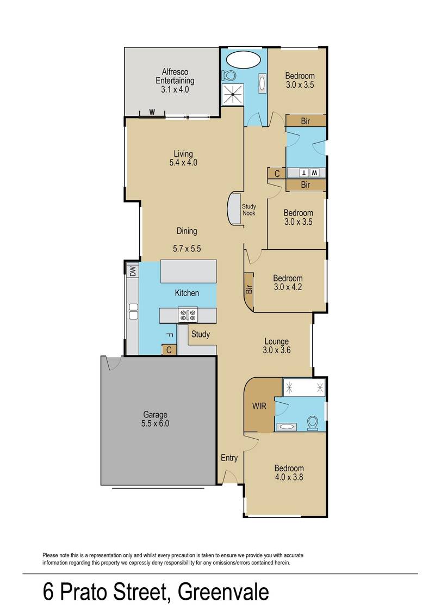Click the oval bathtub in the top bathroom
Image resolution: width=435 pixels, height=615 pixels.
[244, 59]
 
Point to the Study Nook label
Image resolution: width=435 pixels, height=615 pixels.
[249, 210]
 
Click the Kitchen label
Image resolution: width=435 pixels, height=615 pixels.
[187, 293]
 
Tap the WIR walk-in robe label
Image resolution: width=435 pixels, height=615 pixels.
[258, 406]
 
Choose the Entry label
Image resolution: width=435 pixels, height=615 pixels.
[229, 458]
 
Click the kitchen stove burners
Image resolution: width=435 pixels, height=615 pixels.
[188, 315]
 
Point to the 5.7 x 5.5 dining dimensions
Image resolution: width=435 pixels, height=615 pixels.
[187, 249]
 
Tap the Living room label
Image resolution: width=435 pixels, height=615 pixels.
[183, 153]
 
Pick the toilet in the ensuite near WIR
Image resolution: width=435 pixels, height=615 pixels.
[312, 423]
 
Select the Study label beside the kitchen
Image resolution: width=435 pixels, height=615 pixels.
[200, 334]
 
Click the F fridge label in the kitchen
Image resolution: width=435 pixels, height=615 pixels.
[169, 335]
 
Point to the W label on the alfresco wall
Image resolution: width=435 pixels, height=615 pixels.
[152, 113]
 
